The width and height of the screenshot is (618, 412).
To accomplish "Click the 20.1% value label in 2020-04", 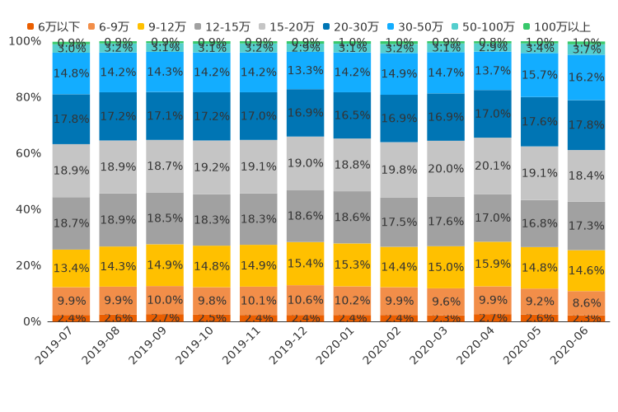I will pyautogui.click(x=493, y=166).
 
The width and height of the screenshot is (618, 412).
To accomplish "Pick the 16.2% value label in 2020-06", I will pyautogui.click(x=587, y=77).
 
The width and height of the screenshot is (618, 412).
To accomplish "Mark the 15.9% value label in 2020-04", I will pyautogui.click(x=493, y=264).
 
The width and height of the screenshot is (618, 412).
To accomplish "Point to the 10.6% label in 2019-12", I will pyautogui.click(x=305, y=300).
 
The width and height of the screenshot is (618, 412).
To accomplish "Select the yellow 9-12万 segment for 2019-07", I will pyautogui.click(x=72, y=269).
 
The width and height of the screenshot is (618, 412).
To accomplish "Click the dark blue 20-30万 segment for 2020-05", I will pyautogui.click(x=540, y=122).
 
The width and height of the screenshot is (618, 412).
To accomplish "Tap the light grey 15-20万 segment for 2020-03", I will pyautogui.click(x=446, y=169).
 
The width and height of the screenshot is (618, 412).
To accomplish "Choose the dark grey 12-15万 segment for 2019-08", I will pyautogui.click(x=119, y=220).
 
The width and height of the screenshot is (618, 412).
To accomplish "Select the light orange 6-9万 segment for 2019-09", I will pyautogui.click(x=166, y=300).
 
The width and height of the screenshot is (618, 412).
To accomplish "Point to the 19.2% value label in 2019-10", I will pyautogui.click(x=213, y=167).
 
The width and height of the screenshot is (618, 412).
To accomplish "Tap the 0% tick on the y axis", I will pyautogui.click(x=31, y=321).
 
